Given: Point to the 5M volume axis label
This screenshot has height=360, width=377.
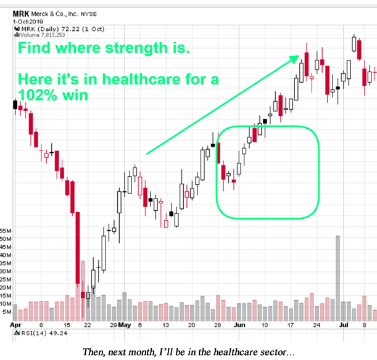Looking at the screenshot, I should [x=9, y=312].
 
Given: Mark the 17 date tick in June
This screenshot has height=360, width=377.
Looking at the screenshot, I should [x=291, y=325].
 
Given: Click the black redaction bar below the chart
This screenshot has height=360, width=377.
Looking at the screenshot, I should [x=191, y=351].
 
